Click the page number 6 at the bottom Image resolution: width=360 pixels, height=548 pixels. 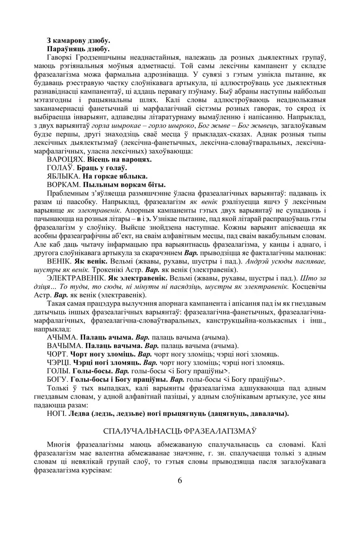[180, 480]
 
